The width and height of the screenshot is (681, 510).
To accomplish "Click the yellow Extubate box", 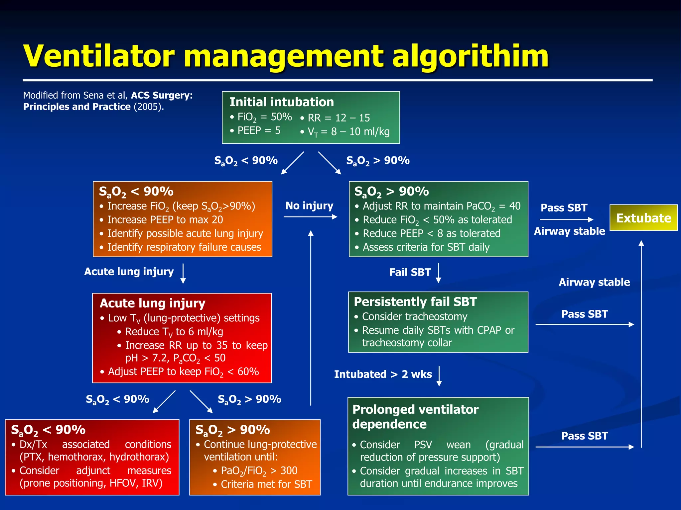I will (x=643, y=218).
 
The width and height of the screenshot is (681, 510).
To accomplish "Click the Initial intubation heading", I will (x=281, y=102).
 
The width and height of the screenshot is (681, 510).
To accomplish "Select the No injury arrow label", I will (x=309, y=206).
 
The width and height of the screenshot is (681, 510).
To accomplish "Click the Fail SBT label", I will (x=410, y=272).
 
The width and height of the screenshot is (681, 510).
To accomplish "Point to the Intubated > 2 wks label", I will (x=383, y=374).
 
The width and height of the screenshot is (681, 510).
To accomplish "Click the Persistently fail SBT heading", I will (x=415, y=302).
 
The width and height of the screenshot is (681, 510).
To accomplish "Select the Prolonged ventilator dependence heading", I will (x=415, y=417).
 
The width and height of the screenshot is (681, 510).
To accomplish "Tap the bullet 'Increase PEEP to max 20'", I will (x=165, y=220).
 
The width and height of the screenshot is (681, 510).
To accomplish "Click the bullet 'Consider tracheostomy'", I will (x=414, y=316).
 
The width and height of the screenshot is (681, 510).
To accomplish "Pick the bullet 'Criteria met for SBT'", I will (x=266, y=484).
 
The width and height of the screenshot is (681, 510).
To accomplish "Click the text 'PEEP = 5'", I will (x=259, y=130).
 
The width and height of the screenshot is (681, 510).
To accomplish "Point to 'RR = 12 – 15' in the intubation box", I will (x=339, y=118).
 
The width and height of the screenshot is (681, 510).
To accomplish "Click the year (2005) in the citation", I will (x=148, y=107).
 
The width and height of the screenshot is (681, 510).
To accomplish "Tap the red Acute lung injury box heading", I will (x=152, y=303).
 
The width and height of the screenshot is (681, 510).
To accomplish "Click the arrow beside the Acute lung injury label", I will (x=183, y=273).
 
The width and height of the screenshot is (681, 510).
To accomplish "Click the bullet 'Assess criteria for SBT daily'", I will (x=426, y=247).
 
